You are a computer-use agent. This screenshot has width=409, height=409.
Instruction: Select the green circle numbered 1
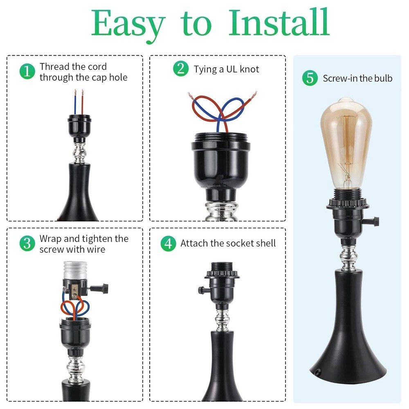coord(27,72)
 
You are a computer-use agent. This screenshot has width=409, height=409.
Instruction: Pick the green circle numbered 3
coord(27,244)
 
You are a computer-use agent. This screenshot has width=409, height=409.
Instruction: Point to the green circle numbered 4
coord(168,243)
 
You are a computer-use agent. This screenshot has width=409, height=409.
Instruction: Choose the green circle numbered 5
coord(310,78)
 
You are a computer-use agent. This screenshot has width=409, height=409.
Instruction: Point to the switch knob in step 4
coord(201,290)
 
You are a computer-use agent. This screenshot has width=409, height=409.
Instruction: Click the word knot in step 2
coord(249,69)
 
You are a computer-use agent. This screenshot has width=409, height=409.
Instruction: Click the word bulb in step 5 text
coord(382,78)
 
